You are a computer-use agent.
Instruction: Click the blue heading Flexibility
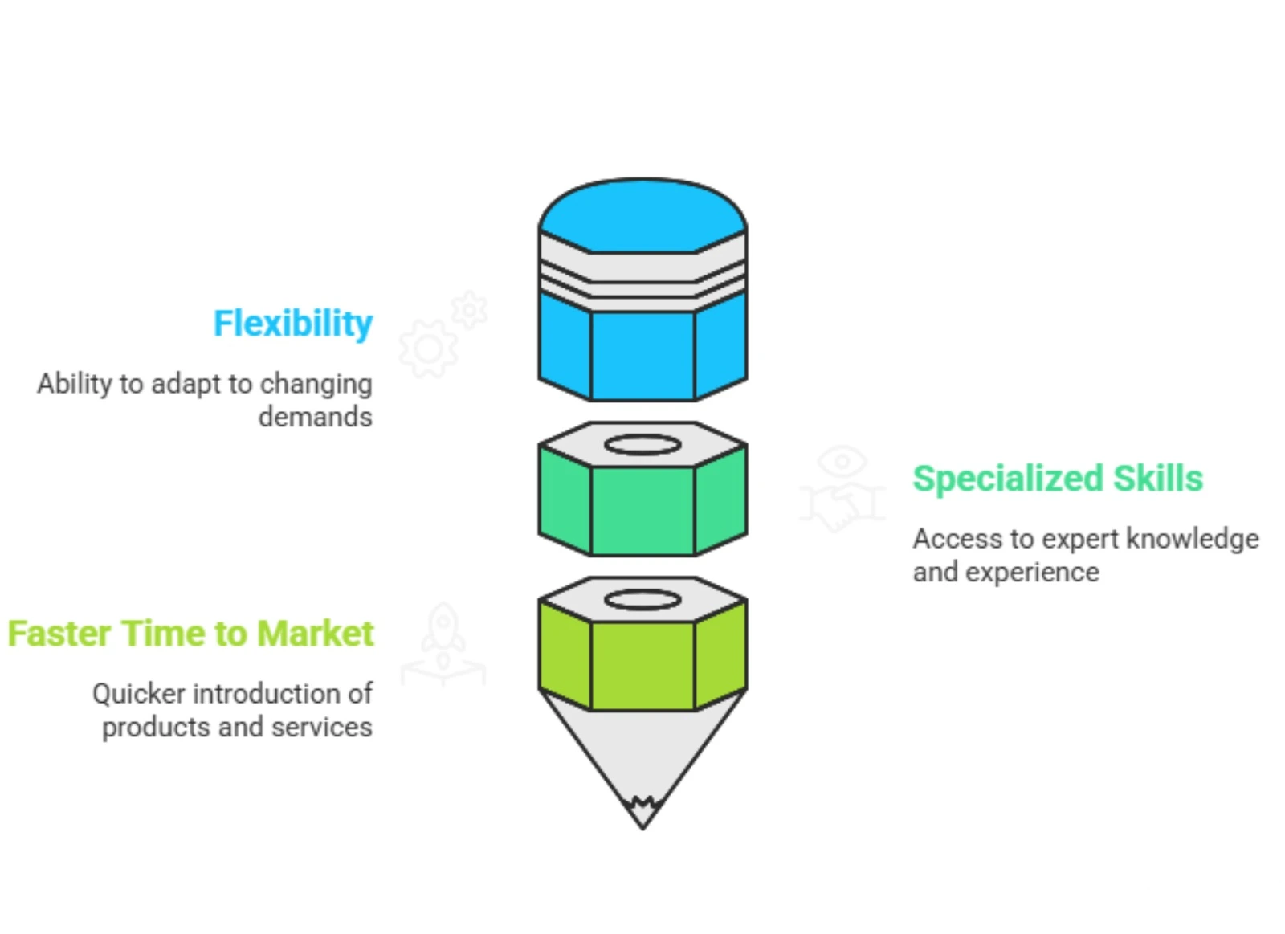pos(292,324)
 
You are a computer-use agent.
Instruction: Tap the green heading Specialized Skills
pos(1057,479)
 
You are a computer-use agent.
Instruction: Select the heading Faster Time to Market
pos(190,634)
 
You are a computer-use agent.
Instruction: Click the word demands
pos(315,418)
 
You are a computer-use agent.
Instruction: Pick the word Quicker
pos(138,694)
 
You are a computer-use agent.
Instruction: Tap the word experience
pos(1032,573)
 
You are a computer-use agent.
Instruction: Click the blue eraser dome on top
pos(642,215)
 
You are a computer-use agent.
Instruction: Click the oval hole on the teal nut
pos(642,445)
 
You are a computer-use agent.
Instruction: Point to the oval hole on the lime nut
pos(642,600)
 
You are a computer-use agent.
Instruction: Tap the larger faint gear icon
pos(428,349)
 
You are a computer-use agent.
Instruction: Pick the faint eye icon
pos(842,462)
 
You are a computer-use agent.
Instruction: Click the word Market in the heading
pos(316,634)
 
